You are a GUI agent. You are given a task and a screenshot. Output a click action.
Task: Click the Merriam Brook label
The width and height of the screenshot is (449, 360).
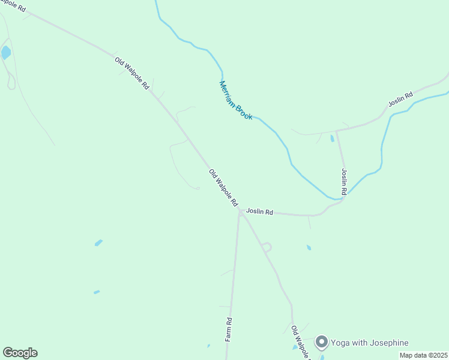point(236,100)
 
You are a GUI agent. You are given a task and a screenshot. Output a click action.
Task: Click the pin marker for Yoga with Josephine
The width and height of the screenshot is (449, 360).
point(321,342)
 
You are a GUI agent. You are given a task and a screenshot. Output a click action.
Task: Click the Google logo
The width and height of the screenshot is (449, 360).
point(20,353)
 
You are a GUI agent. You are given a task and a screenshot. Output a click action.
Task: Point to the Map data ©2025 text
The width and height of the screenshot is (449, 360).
point(423,355)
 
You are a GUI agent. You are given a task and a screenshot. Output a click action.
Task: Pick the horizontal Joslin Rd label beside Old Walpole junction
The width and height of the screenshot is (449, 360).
point(259,212)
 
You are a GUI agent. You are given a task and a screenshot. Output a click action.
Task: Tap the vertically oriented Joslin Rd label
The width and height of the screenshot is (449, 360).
point(344,181)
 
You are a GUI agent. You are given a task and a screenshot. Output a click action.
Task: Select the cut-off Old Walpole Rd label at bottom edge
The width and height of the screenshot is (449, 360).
point(298,342)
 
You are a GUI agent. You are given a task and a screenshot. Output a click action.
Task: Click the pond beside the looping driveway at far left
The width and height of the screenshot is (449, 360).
point(6,52)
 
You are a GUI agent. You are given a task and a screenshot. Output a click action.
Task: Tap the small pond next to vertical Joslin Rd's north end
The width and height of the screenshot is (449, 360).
point(332,139)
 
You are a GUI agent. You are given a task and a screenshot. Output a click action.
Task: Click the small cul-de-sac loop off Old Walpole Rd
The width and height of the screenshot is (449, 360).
point(267,247)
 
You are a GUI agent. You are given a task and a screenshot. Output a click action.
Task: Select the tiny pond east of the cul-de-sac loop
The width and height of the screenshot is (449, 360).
point(309,247)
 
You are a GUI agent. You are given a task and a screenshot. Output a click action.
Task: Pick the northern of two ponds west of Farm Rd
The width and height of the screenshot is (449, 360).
point(98,243)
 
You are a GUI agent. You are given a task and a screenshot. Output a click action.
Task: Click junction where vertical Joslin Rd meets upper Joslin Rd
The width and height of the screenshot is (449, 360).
point(336,131)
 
